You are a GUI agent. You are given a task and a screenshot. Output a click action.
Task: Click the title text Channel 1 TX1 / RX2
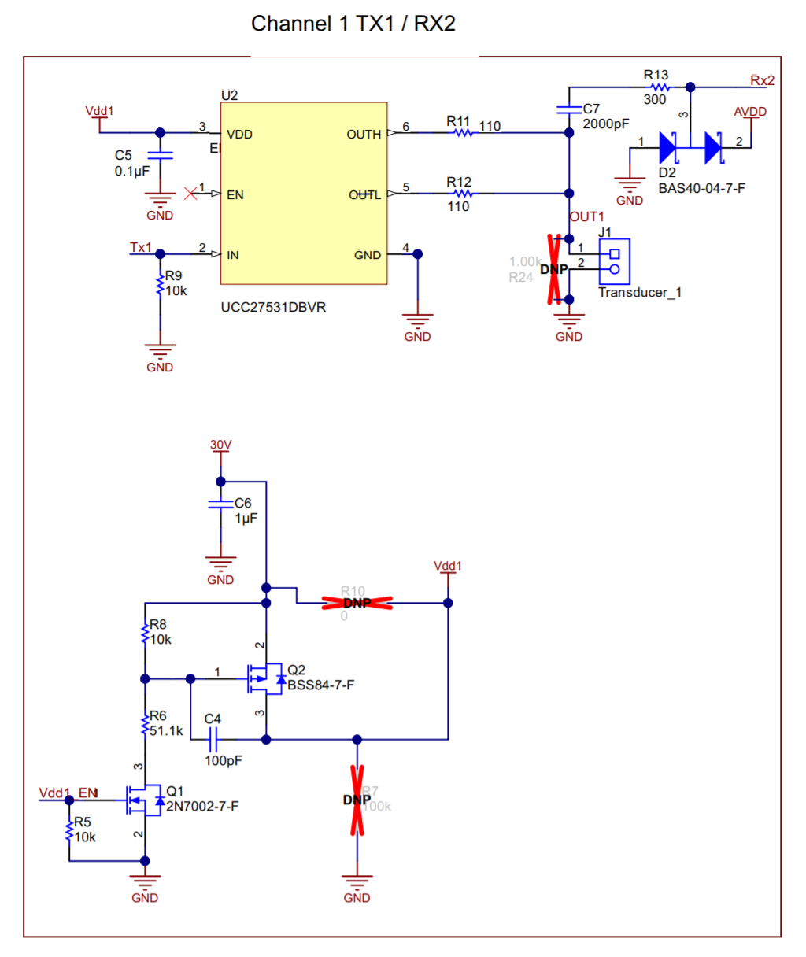click(x=353, y=24)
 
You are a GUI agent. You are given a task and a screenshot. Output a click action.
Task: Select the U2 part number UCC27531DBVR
click(x=273, y=307)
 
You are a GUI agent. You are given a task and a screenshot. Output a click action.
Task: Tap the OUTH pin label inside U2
click(x=364, y=135)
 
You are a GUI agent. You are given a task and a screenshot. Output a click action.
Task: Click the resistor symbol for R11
click(x=463, y=133)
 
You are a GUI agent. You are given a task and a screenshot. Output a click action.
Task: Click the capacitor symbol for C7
click(x=568, y=110)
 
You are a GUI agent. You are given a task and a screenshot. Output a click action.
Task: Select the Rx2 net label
click(x=762, y=80)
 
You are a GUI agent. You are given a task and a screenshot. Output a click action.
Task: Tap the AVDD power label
click(x=749, y=112)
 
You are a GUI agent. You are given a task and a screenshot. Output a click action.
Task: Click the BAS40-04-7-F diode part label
click(x=701, y=188)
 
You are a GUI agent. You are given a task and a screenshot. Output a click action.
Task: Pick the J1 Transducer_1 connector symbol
click(x=615, y=261)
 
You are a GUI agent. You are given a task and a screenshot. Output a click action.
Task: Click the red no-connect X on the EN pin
click(x=190, y=193)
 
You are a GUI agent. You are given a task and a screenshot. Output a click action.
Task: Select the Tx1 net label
click(x=141, y=247)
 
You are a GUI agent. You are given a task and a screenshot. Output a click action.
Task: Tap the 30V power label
click(x=220, y=445)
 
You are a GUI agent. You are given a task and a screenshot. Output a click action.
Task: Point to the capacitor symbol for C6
click(x=220, y=504)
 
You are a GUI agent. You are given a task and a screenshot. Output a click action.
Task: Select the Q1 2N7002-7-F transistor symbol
click(x=142, y=800)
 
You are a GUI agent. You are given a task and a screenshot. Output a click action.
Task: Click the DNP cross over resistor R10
click(x=357, y=604)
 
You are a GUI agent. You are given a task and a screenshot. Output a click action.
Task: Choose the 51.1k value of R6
click(x=166, y=730)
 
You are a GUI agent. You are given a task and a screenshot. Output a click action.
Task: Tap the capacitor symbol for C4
click(x=213, y=739)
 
